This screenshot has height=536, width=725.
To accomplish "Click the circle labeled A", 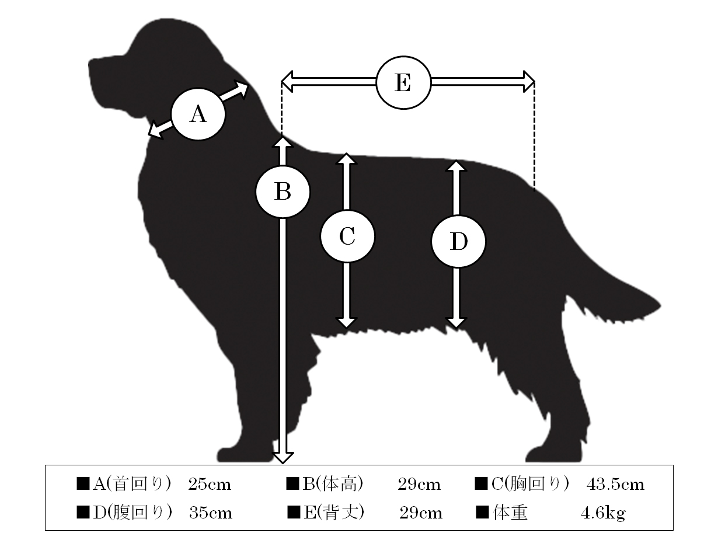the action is pyautogui.click(x=198, y=114).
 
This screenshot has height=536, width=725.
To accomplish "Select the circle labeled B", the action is pyautogui.click(x=283, y=192).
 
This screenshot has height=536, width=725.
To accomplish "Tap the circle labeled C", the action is pyautogui.click(x=347, y=236).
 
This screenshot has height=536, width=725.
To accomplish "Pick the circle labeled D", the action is pyautogui.click(x=458, y=242).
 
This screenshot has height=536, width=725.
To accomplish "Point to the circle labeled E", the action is pyautogui.click(x=403, y=82).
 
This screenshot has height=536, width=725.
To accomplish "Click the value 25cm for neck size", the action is pyautogui.click(x=210, y=485).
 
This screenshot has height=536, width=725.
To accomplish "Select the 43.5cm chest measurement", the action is pyautogui.click(x=615, y=485).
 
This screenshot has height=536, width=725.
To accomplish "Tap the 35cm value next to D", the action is pyautogui.click(x=211, y=513).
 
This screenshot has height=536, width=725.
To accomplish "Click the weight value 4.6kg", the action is pyautogui.click(x=603, y=513).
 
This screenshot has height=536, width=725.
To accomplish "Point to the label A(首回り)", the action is pyautogui.click(x=132, y=484).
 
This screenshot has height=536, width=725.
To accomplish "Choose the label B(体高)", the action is pyautogui.click(x=333, y=484).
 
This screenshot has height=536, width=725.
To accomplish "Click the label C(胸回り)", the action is pyautogui.click(x=530, y=484).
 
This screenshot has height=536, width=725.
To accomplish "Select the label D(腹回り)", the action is pyautogui.click(x=133, y=513).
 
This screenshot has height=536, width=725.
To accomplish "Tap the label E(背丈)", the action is pyautogui.click(x=334, y=513).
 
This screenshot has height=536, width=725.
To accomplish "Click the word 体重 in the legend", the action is pyautogui.click(x=510, y=513).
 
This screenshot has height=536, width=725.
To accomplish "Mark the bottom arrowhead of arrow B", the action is pyautogui.click(x=283, y=458).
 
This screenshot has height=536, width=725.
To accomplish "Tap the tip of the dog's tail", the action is pyautogui.click(x=660, y=306).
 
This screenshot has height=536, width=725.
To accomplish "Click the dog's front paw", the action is pyautogui.click(x=245, y=454).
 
